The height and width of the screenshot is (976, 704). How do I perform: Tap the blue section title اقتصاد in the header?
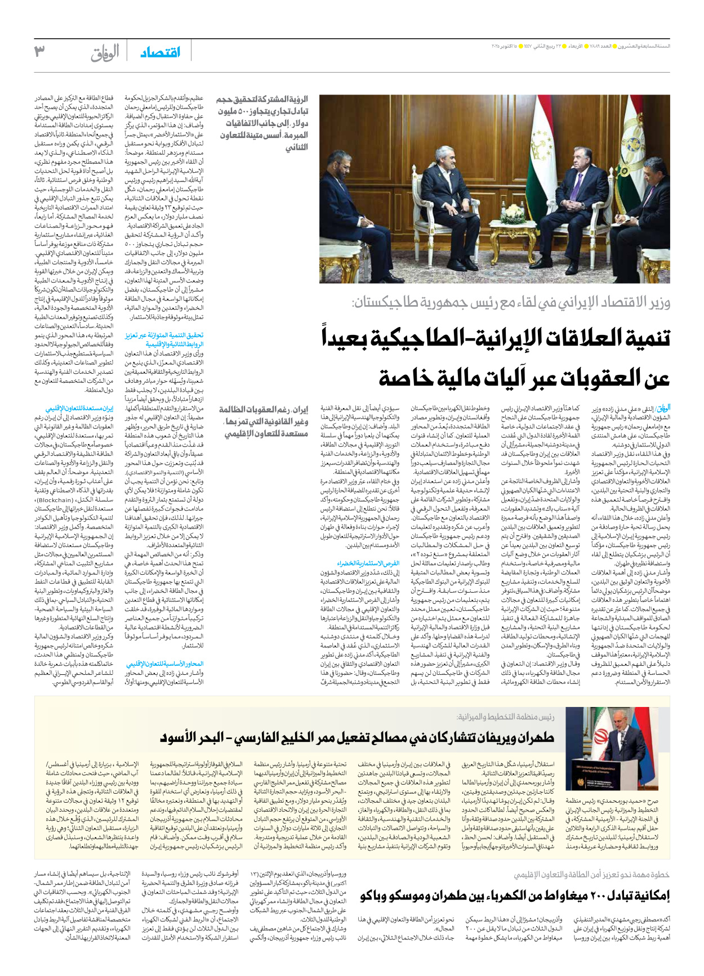pyautogui.click(x=161, y=52)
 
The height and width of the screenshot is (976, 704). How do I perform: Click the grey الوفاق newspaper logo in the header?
pyautogui.click(x=105, y=53)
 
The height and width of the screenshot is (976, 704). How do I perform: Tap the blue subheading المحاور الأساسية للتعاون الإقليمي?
pyautogui.click(x=165, y=664)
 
